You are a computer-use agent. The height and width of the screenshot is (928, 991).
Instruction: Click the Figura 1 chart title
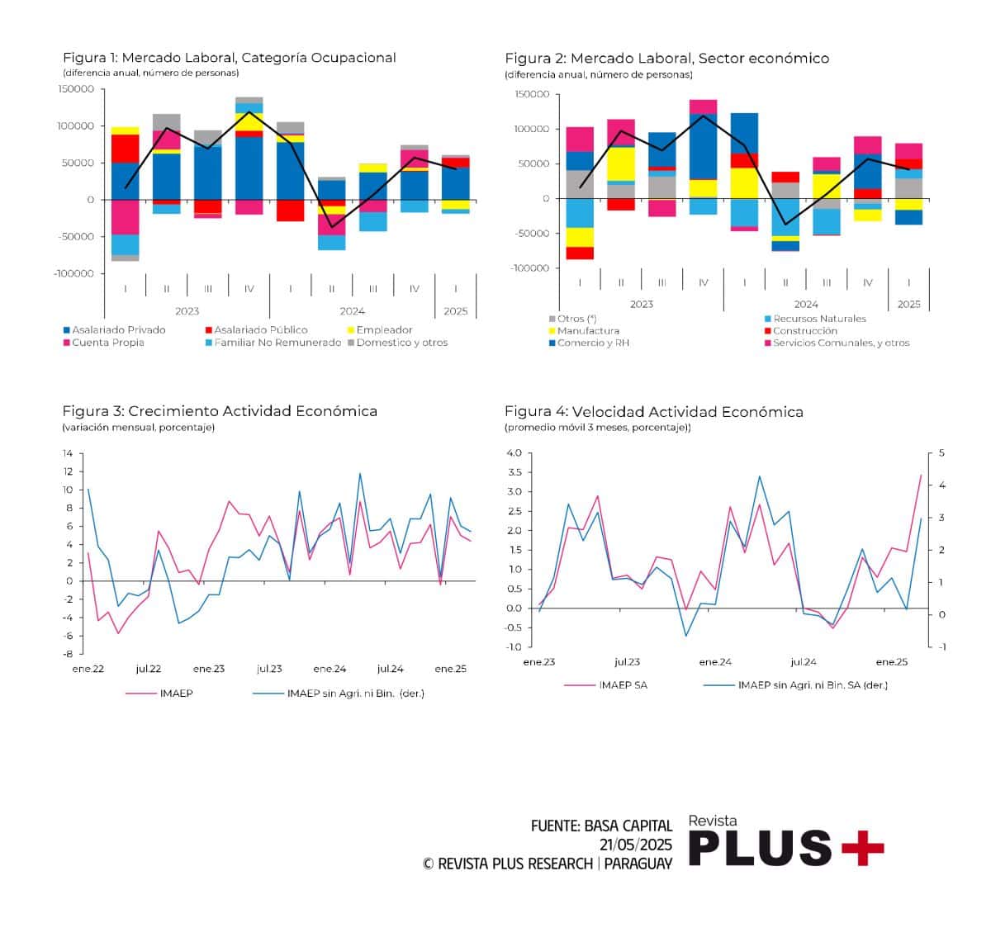click(x=230, y=58)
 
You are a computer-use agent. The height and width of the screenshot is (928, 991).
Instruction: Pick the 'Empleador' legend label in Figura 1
click(x=384, y=330)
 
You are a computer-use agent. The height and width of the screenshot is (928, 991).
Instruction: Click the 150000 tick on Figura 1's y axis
click(x=76, y=89)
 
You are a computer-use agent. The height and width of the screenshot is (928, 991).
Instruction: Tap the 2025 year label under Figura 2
click(x=908, y=304)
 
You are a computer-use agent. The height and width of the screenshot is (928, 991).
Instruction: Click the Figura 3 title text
click(x=220, y=411)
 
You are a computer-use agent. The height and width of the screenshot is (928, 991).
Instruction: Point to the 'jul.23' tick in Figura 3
click(x=269, y=669)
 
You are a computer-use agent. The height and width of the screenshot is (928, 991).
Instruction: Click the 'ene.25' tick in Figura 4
click(x=891, y=662)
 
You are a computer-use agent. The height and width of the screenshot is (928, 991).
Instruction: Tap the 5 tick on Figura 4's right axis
click(x=941, y=453)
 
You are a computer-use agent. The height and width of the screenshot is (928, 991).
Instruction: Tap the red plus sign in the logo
click(x=863, y=848)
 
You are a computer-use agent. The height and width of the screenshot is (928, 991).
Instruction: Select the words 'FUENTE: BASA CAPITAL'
click(x=601, y=826)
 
